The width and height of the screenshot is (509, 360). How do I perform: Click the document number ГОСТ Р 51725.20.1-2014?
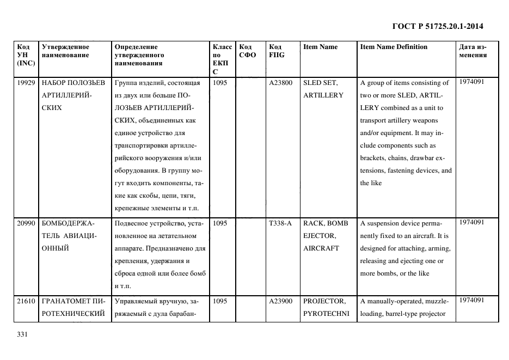coord(438,26)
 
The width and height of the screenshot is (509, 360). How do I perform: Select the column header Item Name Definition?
coord(394,47)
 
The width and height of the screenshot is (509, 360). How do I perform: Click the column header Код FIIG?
coord(276,51)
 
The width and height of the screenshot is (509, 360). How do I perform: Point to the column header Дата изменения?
coord(473,51)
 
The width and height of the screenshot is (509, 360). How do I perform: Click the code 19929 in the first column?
coord(26,83)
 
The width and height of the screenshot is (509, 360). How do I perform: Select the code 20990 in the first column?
coord(26,223)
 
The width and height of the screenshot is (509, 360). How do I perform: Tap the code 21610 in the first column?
coord(26,301)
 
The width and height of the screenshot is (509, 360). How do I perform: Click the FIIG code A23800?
coord(280,83)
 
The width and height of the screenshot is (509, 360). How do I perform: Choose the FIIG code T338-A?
coord(280,223)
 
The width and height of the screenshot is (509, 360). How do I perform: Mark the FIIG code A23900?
coord(280,301)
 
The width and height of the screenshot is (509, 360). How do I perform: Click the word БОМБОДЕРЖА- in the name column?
coord(68,223)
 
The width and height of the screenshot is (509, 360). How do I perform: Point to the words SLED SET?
coord(321,83)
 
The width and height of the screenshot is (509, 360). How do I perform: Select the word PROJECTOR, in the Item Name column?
coord(324,301)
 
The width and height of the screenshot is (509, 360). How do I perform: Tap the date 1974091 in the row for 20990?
coord(471,222)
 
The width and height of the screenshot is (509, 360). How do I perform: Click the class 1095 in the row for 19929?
coord(220,83)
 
